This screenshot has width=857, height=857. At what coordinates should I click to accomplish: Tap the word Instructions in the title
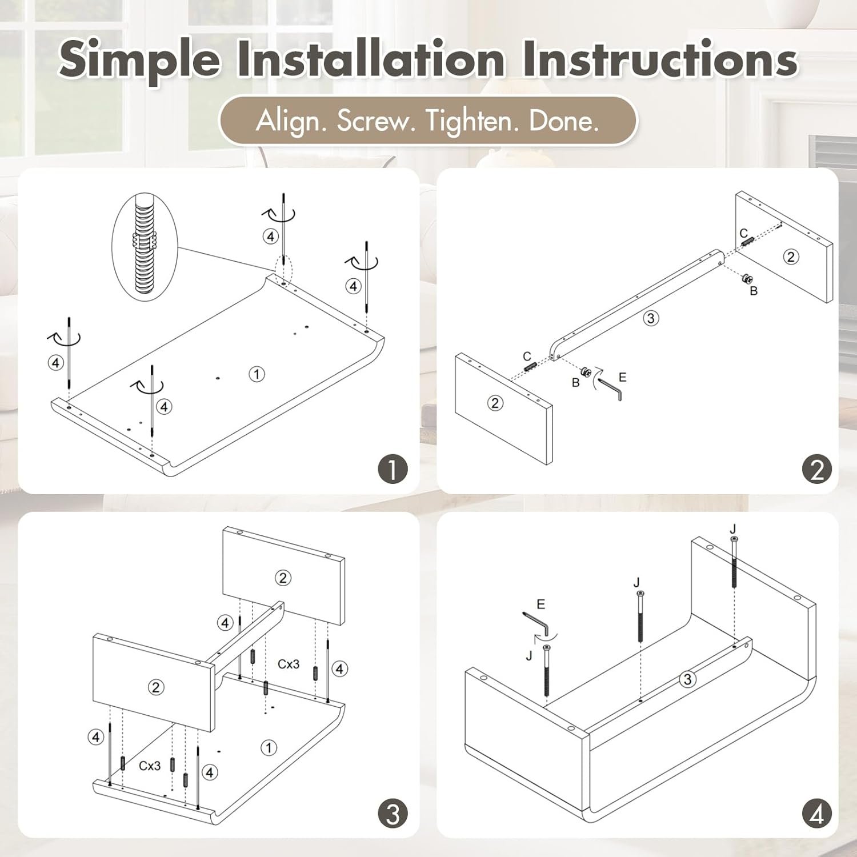[x=660, y=58]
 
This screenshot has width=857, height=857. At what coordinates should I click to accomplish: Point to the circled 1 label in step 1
[x=257, y=374]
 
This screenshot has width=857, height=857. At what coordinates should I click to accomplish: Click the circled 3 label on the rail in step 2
[x=651, y=318]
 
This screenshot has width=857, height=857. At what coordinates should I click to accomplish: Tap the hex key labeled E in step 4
[x=536, y=623]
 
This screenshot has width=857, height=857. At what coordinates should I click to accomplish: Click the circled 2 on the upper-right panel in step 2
[x=791, y=257]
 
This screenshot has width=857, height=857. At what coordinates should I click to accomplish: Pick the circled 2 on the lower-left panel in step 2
[x=495, y=403]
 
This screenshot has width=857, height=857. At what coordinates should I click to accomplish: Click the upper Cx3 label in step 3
[x=289, y=664]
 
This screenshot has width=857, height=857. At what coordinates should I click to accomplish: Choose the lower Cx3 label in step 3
[x=150, y=766]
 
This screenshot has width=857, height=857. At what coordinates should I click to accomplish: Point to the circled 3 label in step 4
[x=688, y=679]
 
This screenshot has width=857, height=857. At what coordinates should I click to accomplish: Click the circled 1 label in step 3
[x=269, y=747]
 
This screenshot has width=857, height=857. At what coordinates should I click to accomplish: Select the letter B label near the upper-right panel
[x=754, y=291]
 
